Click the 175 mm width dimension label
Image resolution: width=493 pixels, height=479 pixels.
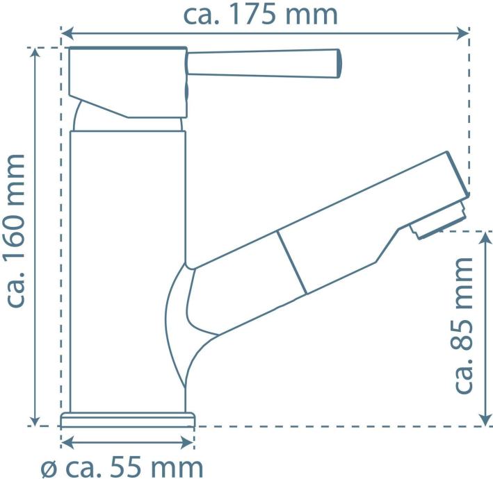pyautogui.click(x=260, y=15)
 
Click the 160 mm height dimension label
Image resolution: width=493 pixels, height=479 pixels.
pyautogui.click(x=15, y=231)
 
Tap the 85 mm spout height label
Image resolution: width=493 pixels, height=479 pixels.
pyautogui.click(x=463, y=325)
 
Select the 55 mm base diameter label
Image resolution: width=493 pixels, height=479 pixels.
pyautogui.click(x=122, y=467)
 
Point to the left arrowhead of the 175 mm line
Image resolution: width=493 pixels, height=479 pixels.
pyautogui.click(x=67, y=33)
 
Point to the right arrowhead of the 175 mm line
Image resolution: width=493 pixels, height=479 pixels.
pyautogui.click(x=463, y=33)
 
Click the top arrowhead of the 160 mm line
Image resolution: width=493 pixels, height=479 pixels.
pyautogui.click(x=35, y=53)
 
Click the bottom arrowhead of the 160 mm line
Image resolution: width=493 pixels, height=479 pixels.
pyautogui.click(x=35, y=420)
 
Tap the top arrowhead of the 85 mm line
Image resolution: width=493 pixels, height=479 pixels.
pyautogui.click(x=485, y=238)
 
